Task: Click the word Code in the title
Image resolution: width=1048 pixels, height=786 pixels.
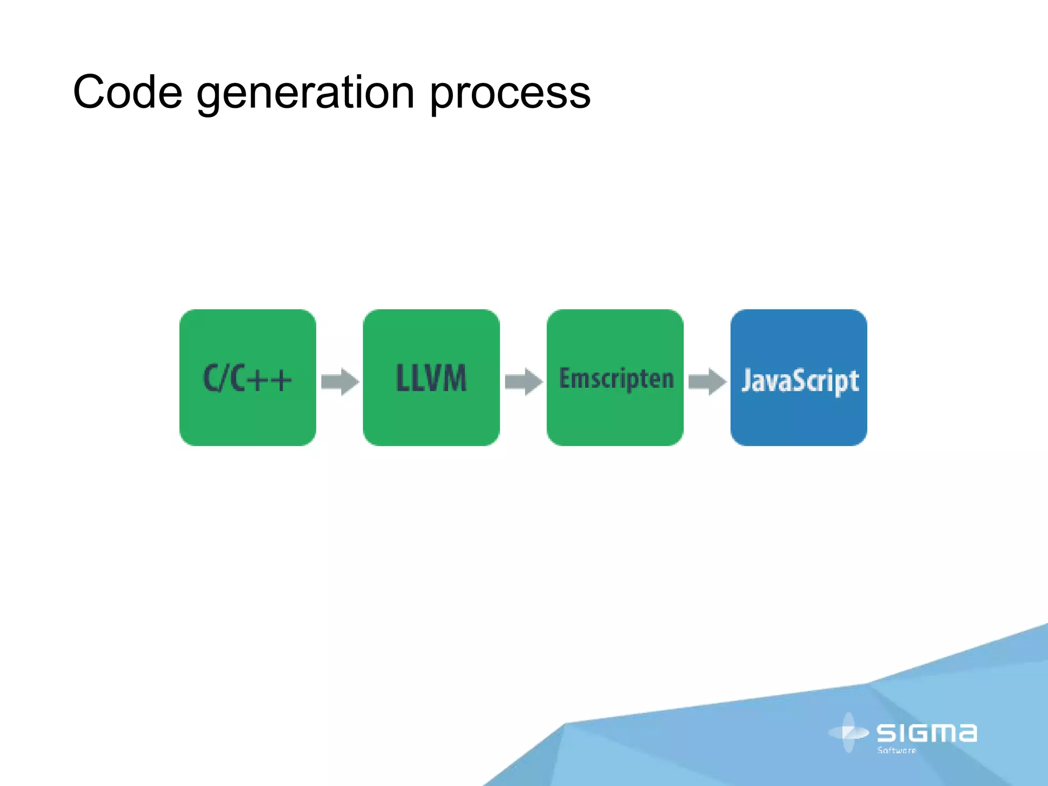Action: tap(127, 92)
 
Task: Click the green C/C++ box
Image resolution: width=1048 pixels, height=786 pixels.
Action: tap(248, 420)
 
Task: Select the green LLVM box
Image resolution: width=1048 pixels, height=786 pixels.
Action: tap(431, 420)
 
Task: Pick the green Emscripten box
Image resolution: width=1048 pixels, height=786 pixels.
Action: tap(615, 420)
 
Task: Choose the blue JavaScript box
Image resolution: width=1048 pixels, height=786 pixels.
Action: tap(798, 420)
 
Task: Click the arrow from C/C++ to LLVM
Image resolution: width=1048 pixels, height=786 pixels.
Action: tap(340, 381)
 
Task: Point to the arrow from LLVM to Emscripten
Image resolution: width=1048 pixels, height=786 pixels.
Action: tap(523, 381)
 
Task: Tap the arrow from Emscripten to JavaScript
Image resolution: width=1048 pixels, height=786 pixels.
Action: tap(707, 381)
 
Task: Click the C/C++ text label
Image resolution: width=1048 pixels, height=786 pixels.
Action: tap(248, 379)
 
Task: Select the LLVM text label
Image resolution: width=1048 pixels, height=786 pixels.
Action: tap(431, 379)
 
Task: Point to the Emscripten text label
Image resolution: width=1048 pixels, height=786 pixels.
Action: tap(616, 379)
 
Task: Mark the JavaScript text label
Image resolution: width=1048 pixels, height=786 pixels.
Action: tap(800, 381)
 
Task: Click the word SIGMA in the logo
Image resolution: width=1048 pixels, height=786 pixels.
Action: tap(927, 733)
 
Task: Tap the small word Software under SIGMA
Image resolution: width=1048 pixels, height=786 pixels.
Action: tap(897, 750)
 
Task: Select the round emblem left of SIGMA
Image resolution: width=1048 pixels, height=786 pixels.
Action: tap(848, 732)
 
